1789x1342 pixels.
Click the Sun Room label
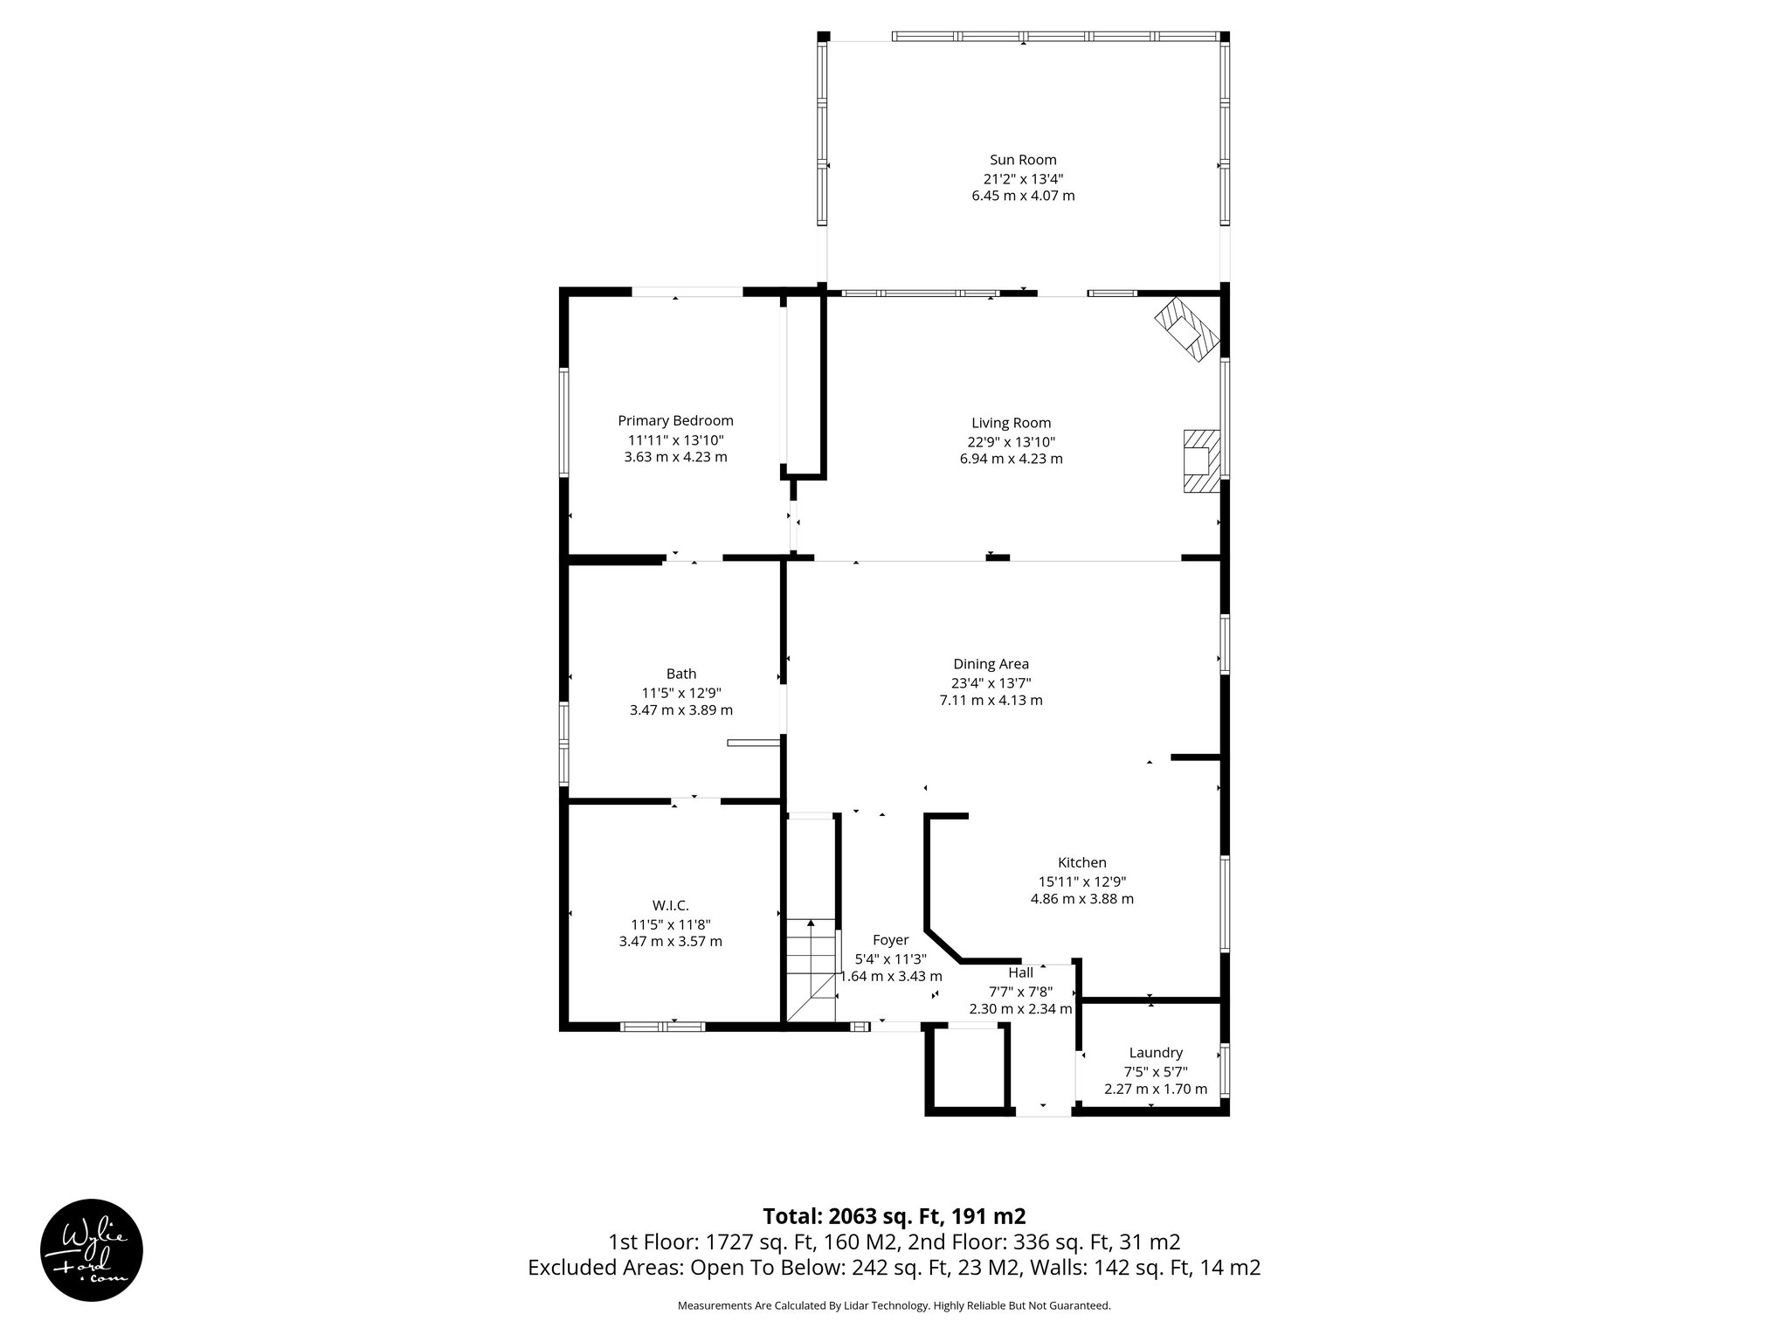(1023, 160)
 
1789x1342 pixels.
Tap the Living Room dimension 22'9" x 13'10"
(1012, 441)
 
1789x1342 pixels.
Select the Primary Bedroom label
(675, 420)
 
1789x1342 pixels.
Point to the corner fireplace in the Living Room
(1186, 329)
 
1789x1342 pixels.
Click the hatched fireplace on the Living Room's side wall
(1200, 460)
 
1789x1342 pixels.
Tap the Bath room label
(681, 674)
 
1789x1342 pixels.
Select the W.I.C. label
(670, 905)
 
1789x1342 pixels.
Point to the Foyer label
(890, 940)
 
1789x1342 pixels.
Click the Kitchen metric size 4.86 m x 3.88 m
(1082, 899)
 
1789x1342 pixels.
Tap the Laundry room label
(1156, 1053)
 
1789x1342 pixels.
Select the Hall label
(1020, 973)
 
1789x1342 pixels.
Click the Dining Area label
(991, 664)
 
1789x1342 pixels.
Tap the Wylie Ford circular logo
(92, 1249)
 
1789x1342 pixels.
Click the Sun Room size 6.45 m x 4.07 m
(1023, 196)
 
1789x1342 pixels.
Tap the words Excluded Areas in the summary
(604, 1268)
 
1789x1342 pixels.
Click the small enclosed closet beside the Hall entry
(967, 1069)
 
